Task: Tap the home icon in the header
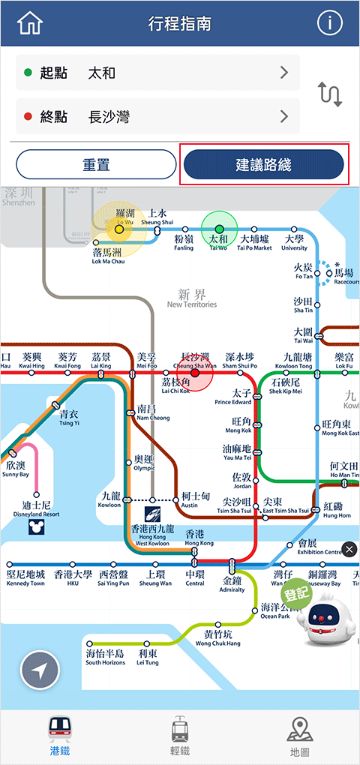[x=30, y=23]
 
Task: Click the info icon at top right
[x=329, y=23]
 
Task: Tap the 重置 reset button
[x=96, y=165]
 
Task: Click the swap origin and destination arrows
[x=330, y=94]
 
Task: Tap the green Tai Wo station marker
[x=219, y=229]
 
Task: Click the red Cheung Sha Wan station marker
[x=195, y=372]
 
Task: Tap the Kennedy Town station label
[x=25, y=578]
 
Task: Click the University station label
[x=294, y=243]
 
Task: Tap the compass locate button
[x=40, y=670]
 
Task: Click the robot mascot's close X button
[x=349, y=550]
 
